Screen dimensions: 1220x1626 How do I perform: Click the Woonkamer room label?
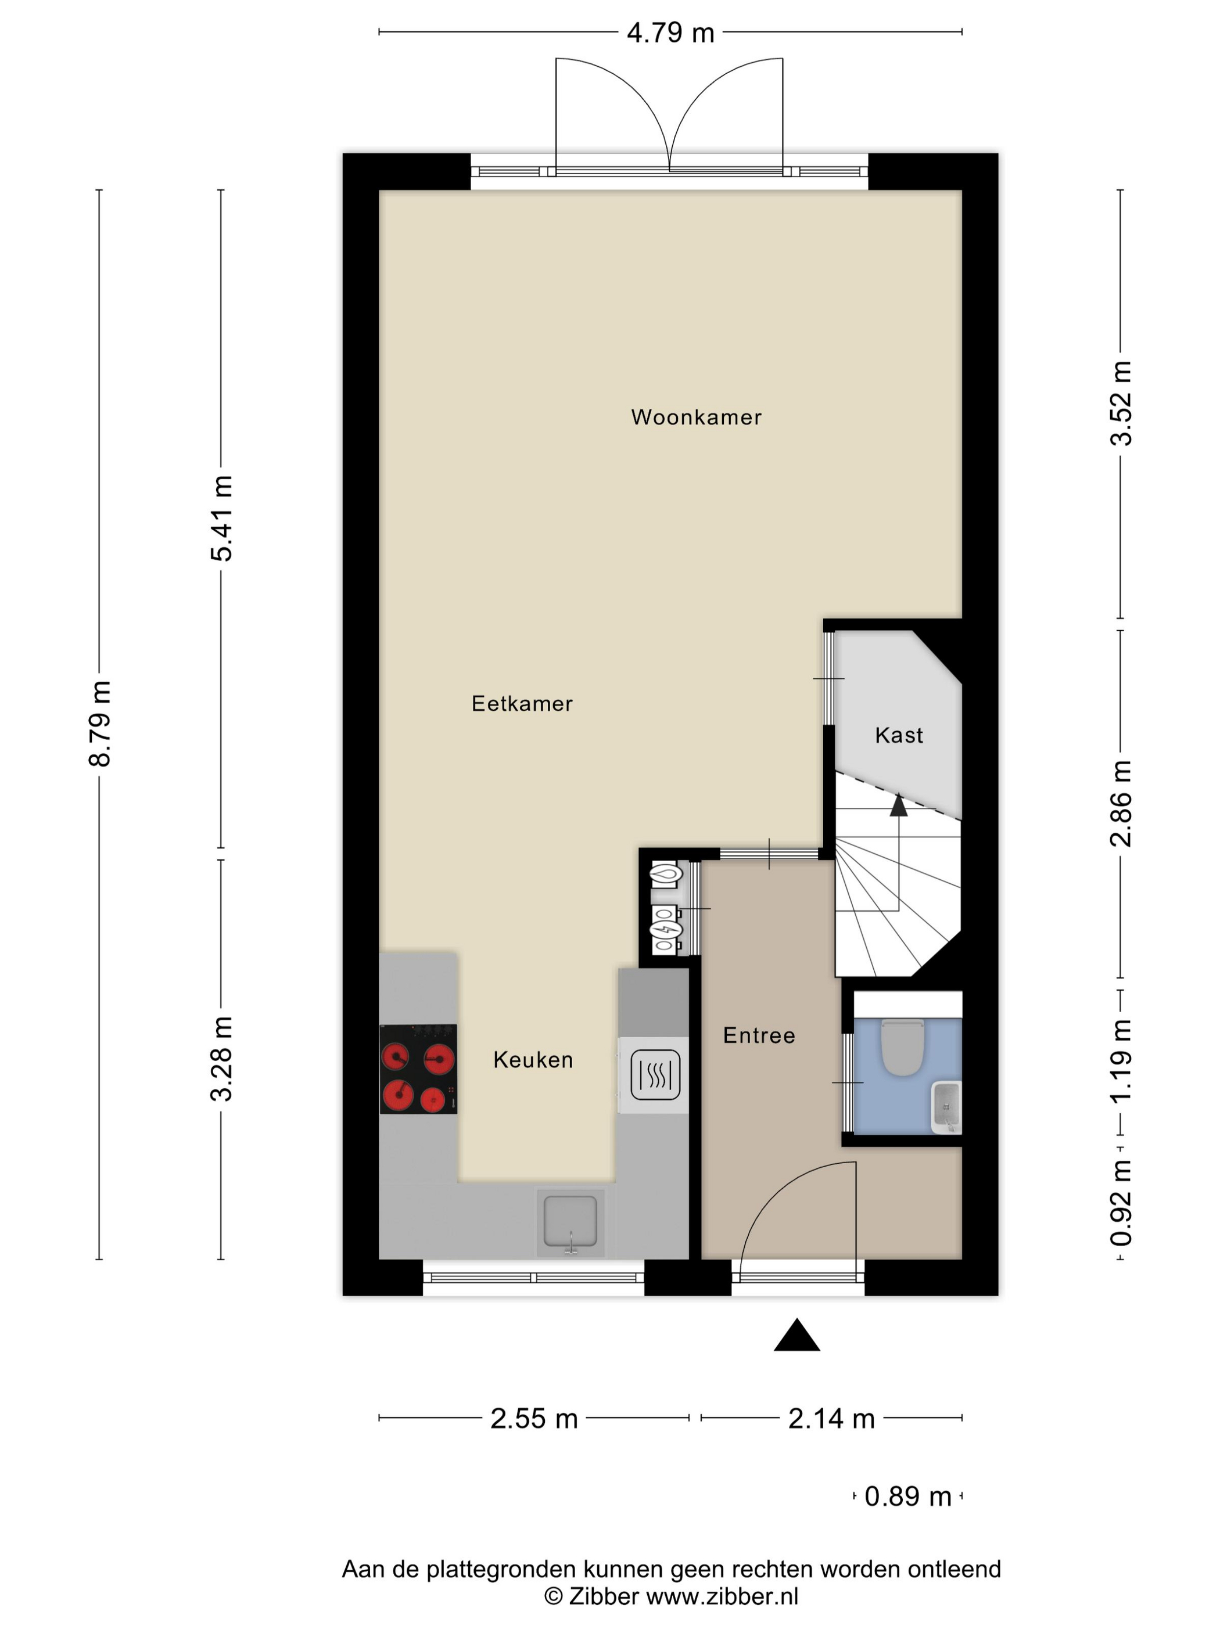(x=695, y=418)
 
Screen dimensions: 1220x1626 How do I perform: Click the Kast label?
(x=899, y=735)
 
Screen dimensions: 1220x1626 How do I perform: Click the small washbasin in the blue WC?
(x=946, y=1107)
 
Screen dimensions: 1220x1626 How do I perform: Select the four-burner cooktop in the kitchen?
(x=418, y=1069)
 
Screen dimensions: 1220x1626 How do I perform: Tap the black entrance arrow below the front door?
(x=796, y=1335)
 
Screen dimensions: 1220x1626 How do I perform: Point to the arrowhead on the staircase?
(x=898, y=805)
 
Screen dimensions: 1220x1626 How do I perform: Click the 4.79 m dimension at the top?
(x=670, y=33)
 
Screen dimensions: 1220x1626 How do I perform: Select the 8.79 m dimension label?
(x=100, y=724)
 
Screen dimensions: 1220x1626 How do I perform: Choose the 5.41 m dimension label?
(x=221, y=518)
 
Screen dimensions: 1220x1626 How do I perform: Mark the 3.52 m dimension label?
(x=1121, y=403)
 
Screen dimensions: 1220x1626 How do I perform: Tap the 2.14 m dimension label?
(x=831, y=1419)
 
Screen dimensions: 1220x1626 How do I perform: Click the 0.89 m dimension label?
(x=907, y=1497)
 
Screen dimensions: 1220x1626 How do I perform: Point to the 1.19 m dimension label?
(x=1121, y=1060)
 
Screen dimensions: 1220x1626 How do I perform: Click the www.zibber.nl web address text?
(x=722, y=1595)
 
